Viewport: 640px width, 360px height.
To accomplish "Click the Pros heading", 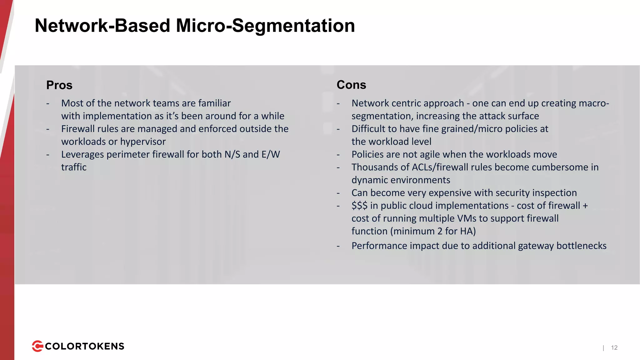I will [x=59, y=85].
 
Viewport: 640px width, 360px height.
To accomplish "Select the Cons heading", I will [x=351, y=85].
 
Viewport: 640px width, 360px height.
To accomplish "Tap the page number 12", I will [x=614, y=347].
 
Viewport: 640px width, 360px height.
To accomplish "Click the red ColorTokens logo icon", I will [x=37, y=346].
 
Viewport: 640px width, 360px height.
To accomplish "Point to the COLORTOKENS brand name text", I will [x=85, y=346].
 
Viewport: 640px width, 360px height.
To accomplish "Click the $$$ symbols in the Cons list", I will [x=359, y=206].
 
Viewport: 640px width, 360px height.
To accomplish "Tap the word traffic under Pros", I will [x=74, y=167].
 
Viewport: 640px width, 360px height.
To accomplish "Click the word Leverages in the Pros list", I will [x=82, y=154].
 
